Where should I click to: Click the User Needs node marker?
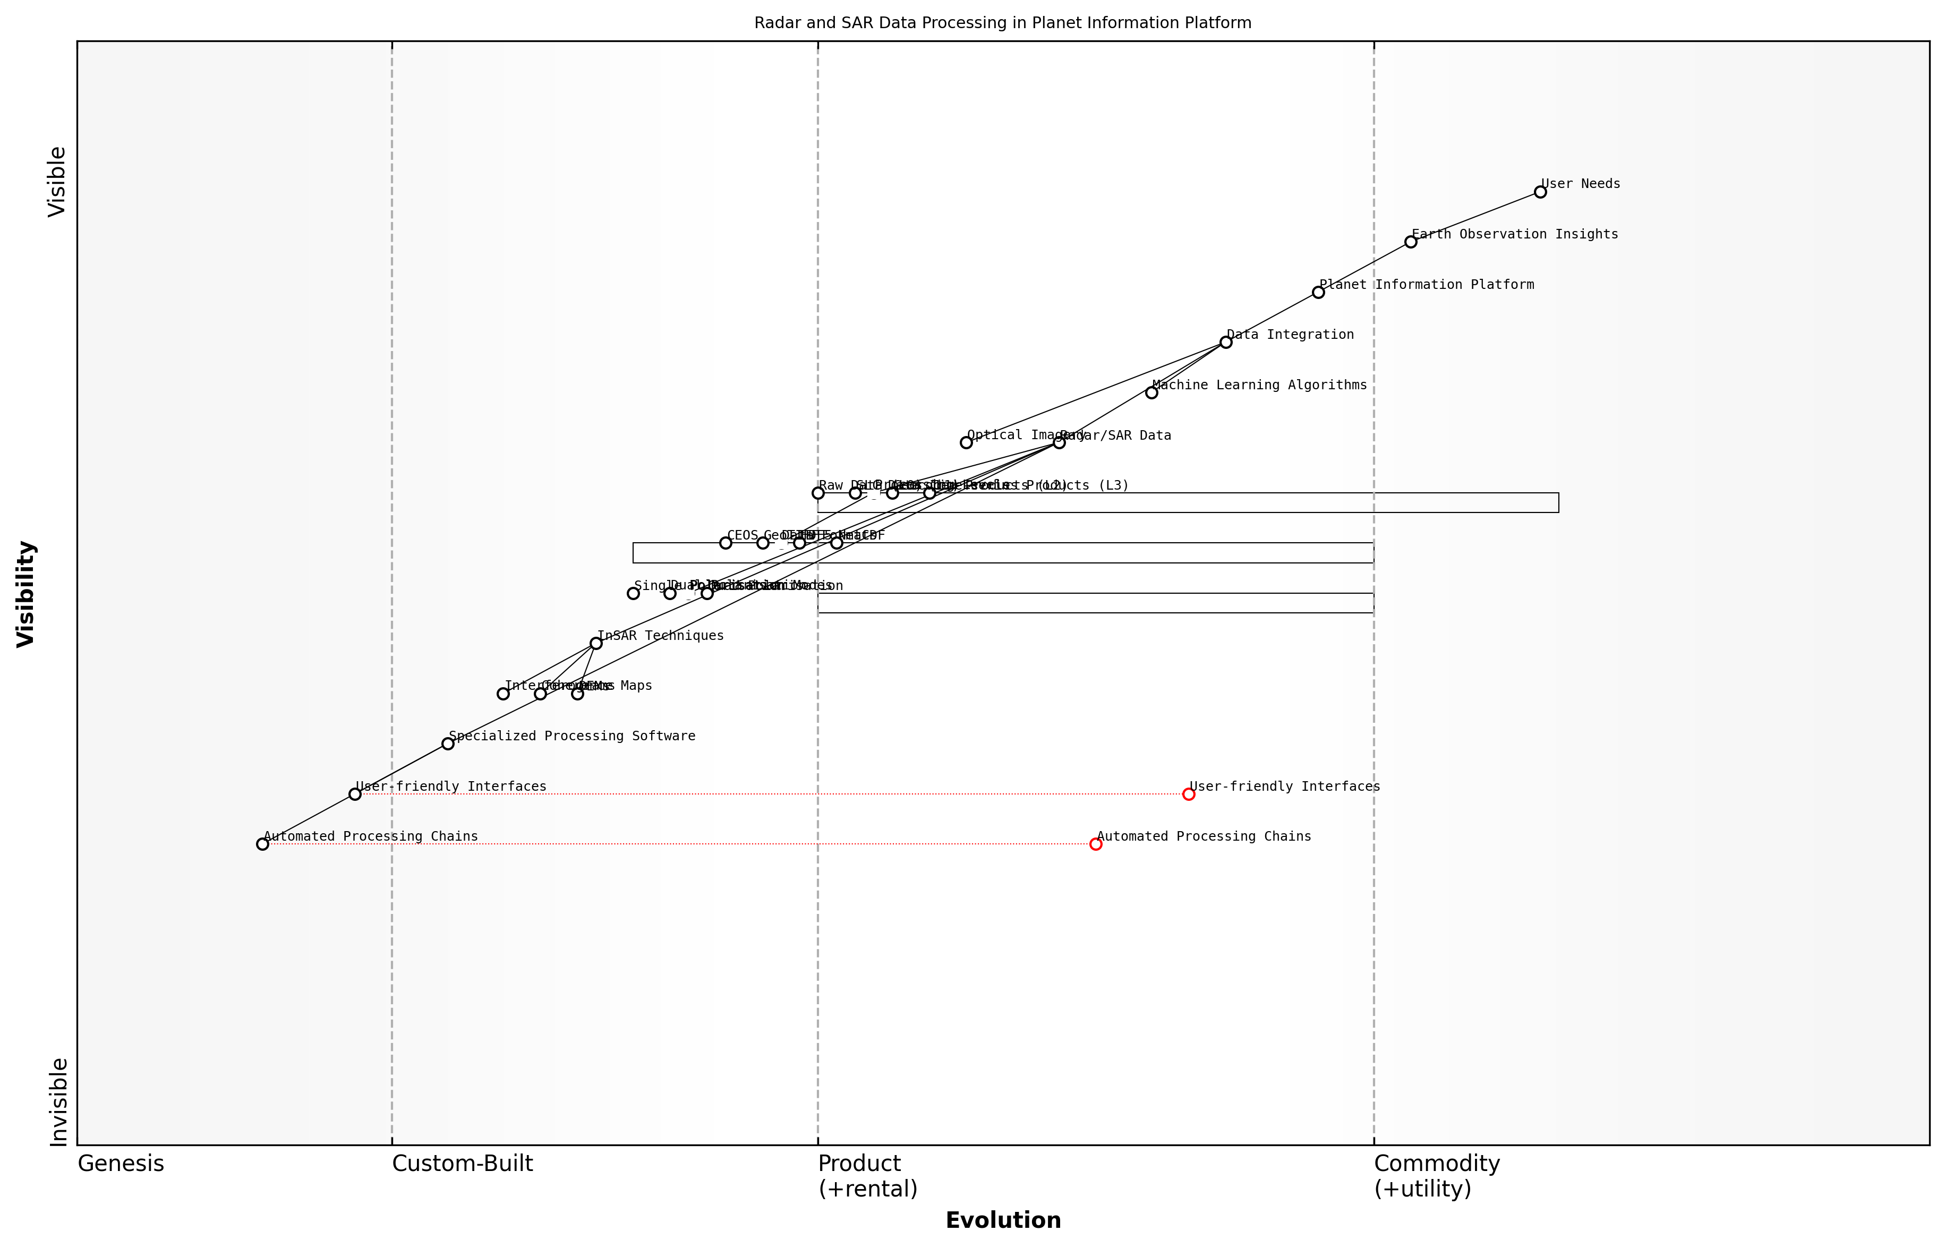click(x=1540, y=192)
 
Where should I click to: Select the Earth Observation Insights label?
click(x=1514, y=234)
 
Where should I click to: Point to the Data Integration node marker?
click(x=1225, y=342)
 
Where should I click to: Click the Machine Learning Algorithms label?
click(x=1259, y=385)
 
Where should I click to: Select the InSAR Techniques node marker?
click(x=595, y=644)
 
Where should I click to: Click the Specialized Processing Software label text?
click(x=571, y=736)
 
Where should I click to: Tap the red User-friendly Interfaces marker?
click(x=1188, y=794)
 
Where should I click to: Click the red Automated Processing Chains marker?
click(x=1096, y=844)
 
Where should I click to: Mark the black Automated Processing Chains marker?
click(x=262, y=844)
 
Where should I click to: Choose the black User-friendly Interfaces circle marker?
click(x=355, y=794)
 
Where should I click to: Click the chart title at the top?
click(x=1002, y=23)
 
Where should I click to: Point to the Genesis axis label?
click(x=121, y=1164)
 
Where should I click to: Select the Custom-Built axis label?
click(x=462, y=1164)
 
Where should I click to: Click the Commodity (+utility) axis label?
click(x=1436, y=1176)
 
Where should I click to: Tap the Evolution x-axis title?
click(x=1002, y=1220)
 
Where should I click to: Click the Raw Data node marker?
click(x=818, y=493)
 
